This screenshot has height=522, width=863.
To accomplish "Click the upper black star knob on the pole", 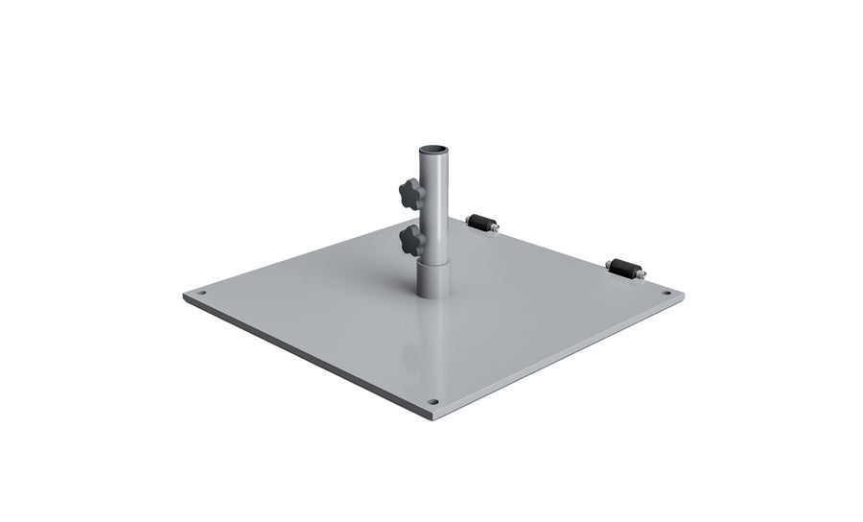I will point(412,194).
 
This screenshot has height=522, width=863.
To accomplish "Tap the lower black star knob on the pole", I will point(412,241).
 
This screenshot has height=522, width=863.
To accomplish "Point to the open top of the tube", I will point(432,149).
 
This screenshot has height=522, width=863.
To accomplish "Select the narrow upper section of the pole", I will point(432,202).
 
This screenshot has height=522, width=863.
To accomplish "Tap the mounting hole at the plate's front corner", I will point(432,401).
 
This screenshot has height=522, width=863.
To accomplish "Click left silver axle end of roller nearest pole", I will point(467,220).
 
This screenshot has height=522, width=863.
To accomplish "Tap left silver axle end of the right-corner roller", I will point(608,263).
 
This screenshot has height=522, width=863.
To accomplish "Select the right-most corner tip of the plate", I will point(684,295).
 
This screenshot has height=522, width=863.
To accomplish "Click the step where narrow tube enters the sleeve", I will point(432,257).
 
